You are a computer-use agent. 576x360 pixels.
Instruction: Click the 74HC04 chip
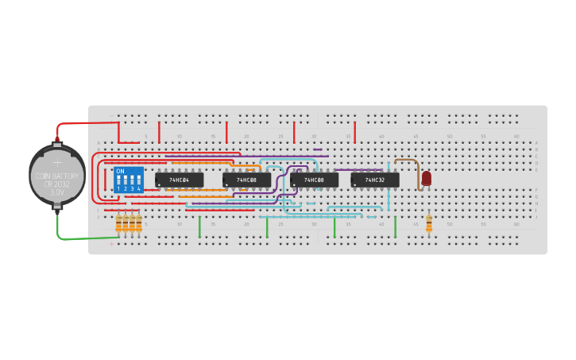179,180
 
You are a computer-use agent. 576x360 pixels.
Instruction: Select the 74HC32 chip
375,180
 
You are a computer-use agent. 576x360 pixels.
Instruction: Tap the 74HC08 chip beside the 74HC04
246,180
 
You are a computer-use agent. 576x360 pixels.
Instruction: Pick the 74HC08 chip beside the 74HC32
314,180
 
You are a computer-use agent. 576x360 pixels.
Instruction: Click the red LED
427,178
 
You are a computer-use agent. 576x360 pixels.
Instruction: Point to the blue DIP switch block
129,180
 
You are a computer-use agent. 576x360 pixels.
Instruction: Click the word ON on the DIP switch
121,171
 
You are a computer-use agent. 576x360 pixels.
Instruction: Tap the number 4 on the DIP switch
138,189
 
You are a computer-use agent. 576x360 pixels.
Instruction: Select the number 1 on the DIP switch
118,189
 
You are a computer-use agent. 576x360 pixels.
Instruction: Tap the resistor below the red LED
429,224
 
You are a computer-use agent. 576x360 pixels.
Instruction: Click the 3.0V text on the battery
57,192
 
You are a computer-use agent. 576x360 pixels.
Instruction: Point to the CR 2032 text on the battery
57,184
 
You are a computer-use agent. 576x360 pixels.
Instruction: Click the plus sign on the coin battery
57,162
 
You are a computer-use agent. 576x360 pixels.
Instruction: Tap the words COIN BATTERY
57,176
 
